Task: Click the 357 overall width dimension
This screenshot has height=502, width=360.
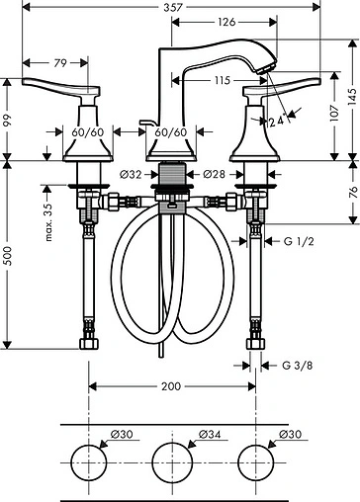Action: click(x=173, y=7)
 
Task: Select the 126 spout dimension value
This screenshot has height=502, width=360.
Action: click(x=226, y=22)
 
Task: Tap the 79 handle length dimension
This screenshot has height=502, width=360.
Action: click(x=60, y=63)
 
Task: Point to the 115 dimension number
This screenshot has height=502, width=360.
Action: click(x=222, y=80)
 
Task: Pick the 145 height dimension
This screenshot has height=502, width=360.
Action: click(x=352, y=97)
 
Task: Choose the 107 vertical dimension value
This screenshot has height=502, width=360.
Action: click(x=334, y=114)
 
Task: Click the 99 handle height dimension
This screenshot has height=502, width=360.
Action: click(x=7, y=121)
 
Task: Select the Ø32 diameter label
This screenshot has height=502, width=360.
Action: click(x=131, y=174)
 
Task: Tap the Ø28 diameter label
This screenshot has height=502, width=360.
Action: click(x=214, y=174)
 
